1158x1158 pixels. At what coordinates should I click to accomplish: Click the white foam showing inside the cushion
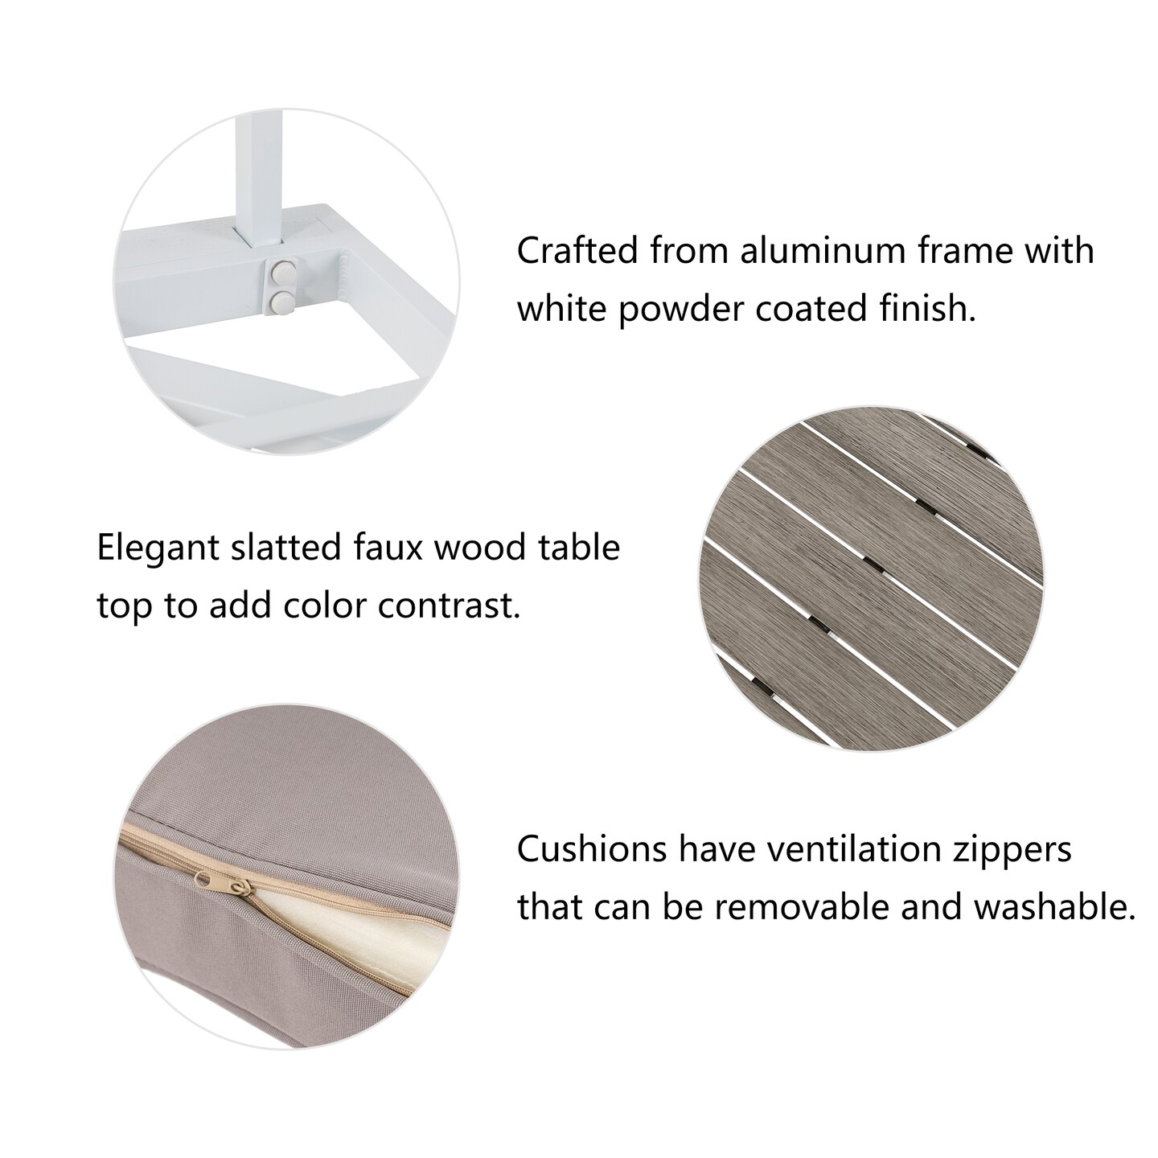[355, 929]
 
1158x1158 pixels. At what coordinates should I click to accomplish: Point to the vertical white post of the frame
[261, 180]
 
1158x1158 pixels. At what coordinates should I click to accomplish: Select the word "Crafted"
[577, 250]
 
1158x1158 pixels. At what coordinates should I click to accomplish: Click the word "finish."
[928, 309]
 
